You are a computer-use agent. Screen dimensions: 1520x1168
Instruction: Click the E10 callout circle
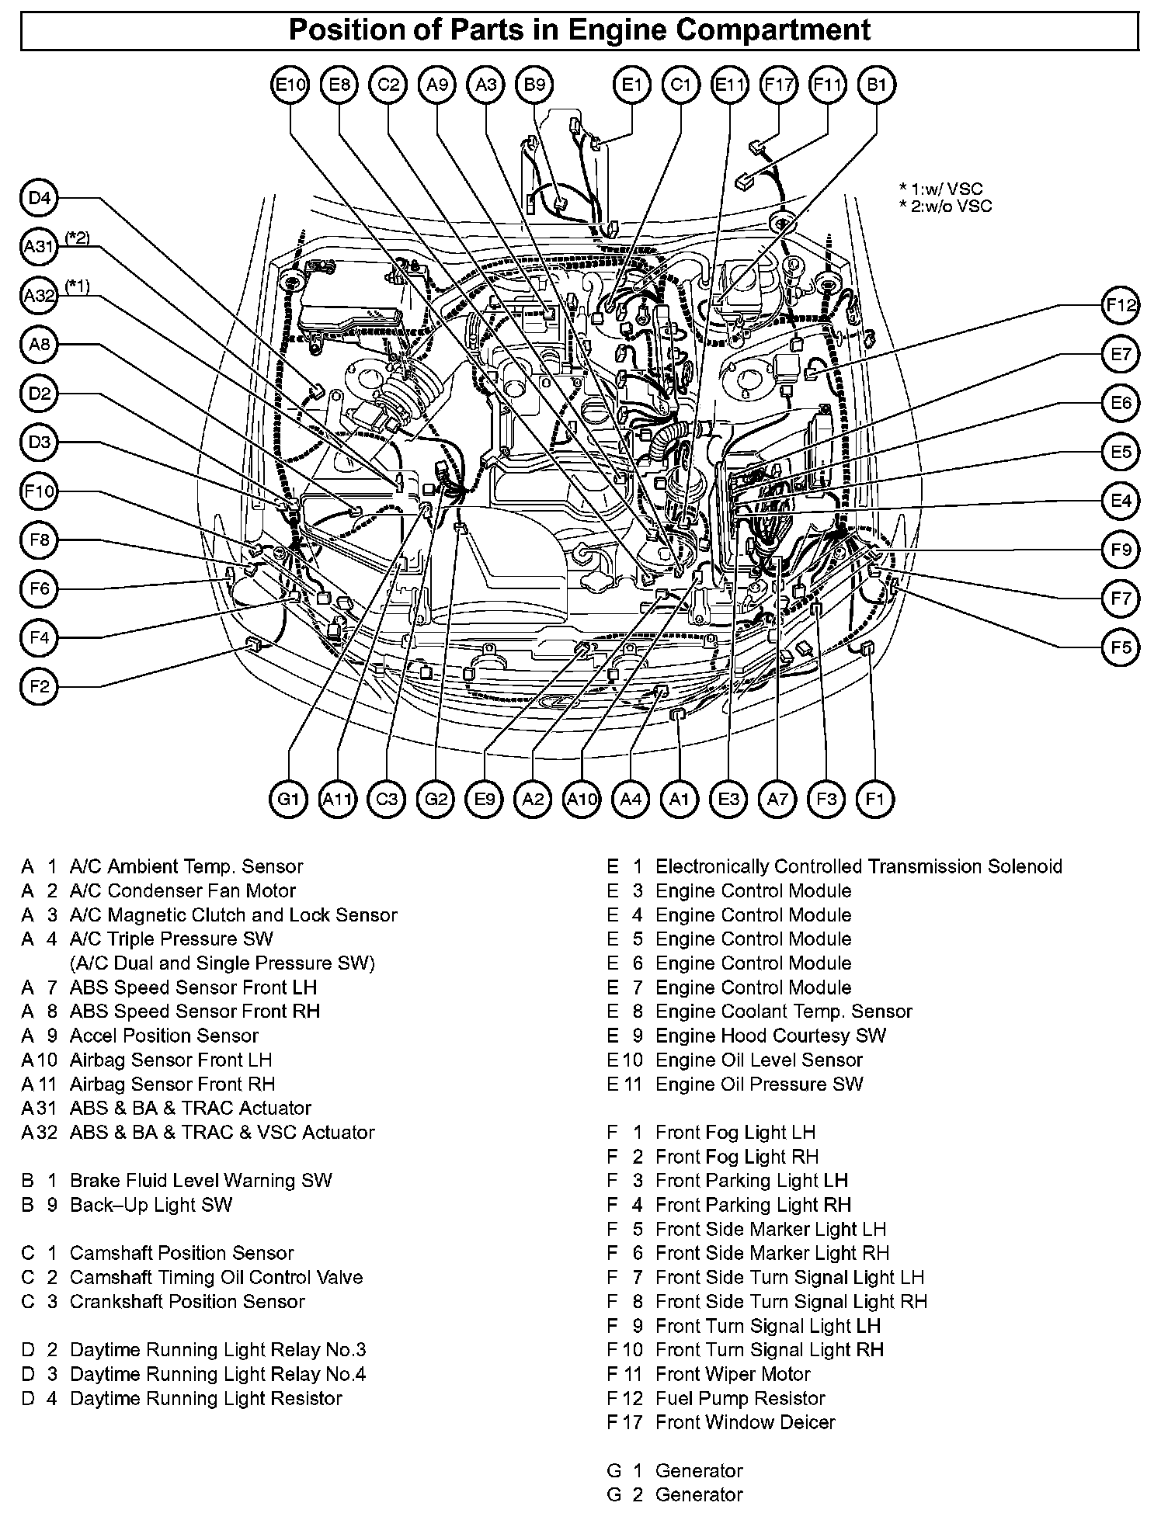coord(291,85)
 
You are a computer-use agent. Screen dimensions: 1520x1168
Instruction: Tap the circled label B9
coord(535,85)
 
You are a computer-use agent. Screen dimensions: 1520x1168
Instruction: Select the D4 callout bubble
coord(40,199)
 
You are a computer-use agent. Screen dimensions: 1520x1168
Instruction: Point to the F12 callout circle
coord(1121,306)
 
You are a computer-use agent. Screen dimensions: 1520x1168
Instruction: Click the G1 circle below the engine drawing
coord(289,799)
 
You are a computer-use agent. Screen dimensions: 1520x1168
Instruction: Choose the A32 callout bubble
coord(40,296)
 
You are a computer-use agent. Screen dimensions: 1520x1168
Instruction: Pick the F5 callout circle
coord(1121,647)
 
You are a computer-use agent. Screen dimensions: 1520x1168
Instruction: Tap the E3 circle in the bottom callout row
coord(728,799)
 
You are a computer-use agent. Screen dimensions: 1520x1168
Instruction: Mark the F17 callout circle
coord(778,85)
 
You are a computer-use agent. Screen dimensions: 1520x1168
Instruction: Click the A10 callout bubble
coord(582,799)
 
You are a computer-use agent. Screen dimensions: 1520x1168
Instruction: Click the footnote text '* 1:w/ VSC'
coord(940,189)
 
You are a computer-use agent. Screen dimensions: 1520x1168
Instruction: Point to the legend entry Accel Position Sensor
coord(164,1036)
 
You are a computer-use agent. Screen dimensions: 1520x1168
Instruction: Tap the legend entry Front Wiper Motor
coord(732,1374)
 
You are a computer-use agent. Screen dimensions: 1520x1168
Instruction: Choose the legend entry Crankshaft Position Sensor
coord(187,1302)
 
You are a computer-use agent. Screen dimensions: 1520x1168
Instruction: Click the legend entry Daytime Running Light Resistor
coord(206,1398)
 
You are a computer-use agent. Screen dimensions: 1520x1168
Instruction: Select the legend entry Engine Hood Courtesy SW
coord(770,1036)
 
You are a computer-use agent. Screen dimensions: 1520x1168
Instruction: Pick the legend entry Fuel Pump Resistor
coord(740,1398)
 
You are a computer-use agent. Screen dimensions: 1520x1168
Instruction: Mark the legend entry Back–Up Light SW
coord(151,1205)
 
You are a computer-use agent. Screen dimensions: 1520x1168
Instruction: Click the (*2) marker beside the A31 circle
coord(78,238)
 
